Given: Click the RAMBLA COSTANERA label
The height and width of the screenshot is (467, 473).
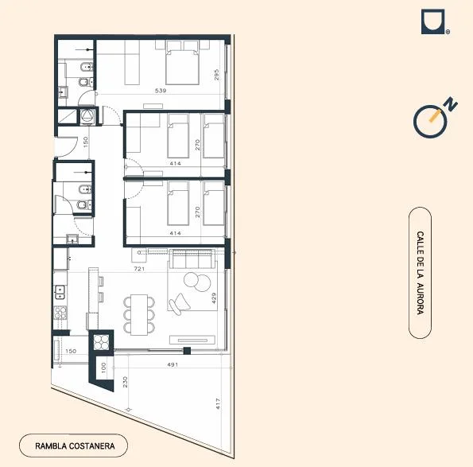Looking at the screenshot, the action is (x=75, y=446).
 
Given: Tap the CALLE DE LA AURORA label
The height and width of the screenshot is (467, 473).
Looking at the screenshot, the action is (x=420, y=273).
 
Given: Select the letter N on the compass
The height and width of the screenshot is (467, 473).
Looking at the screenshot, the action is (x=452, y=104).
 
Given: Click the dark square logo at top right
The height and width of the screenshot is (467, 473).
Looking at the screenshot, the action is (x=433, y=21).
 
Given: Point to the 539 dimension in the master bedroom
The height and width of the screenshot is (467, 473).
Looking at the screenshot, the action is (x=161, y=90).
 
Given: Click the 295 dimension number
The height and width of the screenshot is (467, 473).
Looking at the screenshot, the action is (x=216, y=75).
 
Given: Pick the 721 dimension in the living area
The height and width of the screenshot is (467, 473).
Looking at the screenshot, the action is (x=139, y=268).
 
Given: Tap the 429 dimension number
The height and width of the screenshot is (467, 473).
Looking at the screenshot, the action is (x=214, y=298).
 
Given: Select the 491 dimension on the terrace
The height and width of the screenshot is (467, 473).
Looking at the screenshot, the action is (x=173, y=364).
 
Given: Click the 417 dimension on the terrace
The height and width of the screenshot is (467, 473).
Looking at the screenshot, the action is (x=218, y=404).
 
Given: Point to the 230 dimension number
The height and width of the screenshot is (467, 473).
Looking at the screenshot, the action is (x=125, y=382).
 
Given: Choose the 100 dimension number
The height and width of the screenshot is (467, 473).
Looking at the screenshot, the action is (x=103, y=368).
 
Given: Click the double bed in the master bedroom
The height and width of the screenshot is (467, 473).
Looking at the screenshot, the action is (x=182, y=67).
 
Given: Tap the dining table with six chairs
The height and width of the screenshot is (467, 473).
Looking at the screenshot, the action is (x=139, y=314).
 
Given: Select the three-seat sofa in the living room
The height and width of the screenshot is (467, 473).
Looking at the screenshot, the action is (x=192, y=259).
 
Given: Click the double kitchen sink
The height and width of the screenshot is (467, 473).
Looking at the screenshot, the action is (x=60, y=292).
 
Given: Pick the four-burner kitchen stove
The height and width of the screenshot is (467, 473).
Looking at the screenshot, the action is (x=60, y=313).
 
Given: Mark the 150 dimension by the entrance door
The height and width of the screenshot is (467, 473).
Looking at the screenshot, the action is (x=86, y=142).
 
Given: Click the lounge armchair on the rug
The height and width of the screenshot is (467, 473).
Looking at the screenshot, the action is (x=180, y=304).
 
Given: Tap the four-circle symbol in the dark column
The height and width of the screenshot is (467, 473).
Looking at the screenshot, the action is (x=101, y=342).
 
